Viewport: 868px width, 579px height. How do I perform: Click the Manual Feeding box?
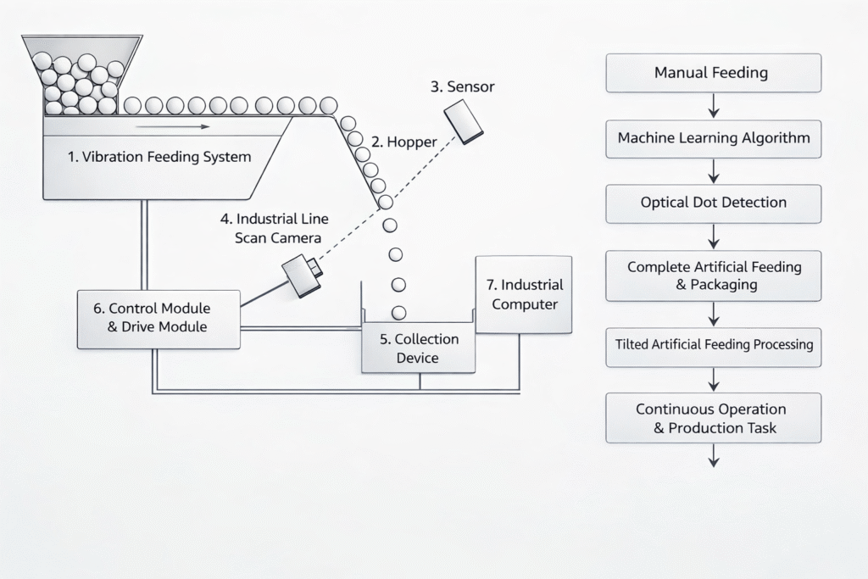click(x=713, y=73)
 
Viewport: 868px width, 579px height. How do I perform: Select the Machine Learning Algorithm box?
click(x=713, y=138)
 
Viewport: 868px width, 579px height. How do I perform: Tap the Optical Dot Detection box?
click(x=713, y=203)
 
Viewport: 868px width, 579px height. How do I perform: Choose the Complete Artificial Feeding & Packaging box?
click(x=713, y=276)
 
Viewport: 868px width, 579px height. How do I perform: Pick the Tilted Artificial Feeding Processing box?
click(x=713, y=346)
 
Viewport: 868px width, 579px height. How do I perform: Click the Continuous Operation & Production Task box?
click(x=713, y=418)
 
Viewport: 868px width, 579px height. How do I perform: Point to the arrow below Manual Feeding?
click(x=713, y=106)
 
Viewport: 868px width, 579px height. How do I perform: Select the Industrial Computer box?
click(x=524, y=294)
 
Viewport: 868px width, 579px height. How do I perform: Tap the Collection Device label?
click(x=419, y=348)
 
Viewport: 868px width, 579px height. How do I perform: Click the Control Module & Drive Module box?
click(x=159, y=318)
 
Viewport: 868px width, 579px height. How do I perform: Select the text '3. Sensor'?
click(x=462, y=86)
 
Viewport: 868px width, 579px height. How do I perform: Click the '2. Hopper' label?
click(x=405, y=142)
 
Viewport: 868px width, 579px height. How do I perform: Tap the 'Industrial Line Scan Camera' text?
click(x=281, y=228)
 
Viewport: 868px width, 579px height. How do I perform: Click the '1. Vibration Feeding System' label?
click(x=159, y=157)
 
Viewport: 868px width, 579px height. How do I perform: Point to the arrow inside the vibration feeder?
click(x=172, y=127)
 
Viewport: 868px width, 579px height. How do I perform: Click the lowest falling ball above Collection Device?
click(x=398, y=312)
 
